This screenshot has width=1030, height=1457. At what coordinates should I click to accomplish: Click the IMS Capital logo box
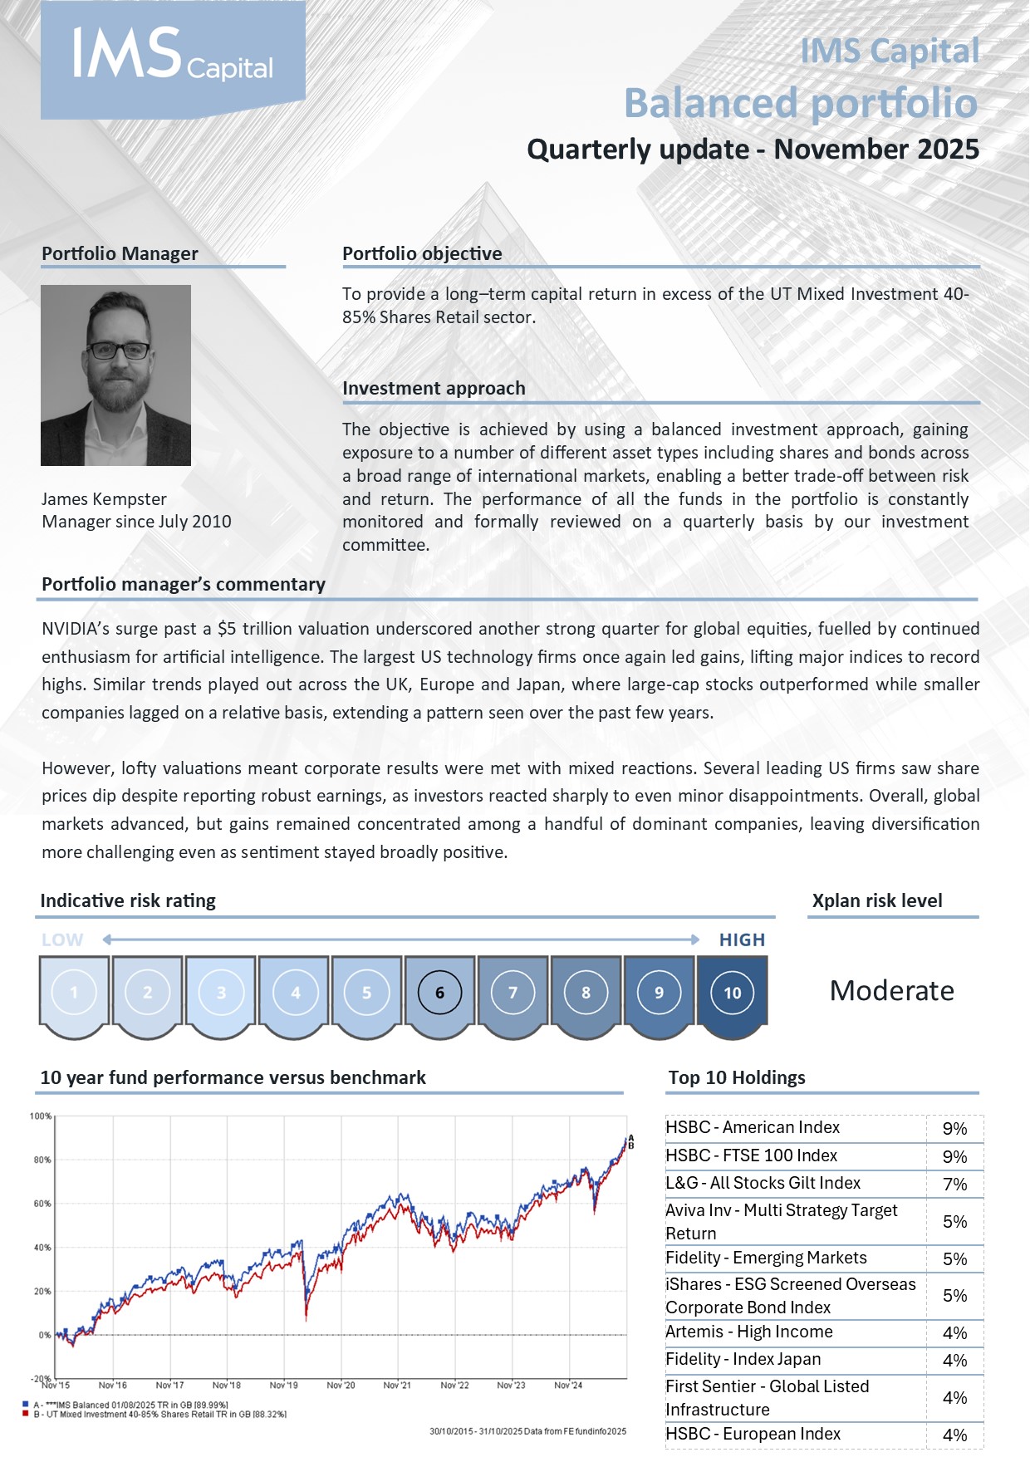pyautogui.click(x=173, y=60)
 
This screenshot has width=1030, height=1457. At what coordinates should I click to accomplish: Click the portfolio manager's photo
pyautogui.click(x=115, y=375)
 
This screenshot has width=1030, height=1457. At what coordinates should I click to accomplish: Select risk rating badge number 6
pyautogui.click(x=439, y=993)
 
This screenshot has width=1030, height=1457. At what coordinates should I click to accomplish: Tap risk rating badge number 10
pyautogui.click(x=732, y=993)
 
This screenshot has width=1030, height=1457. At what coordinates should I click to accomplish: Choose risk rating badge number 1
pyautogui.click(x=74, y=993)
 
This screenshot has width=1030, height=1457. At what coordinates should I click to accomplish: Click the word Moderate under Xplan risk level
pyautogui.click(x=891, y=991)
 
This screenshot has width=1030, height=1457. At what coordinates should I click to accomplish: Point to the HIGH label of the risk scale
pyautogui.click(x=742, y=939)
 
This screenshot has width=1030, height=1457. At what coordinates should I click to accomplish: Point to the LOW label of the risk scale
pyautogui.click(x=62, y=939)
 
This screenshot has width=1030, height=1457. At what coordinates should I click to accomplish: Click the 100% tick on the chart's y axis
pyautogui.click(x=41, y=1116)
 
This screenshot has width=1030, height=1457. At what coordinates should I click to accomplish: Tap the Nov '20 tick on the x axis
pyautogui.click(x=341, y=1385)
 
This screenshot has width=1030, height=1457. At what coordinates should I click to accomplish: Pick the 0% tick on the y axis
pyautogui.click(x=44, y=1335)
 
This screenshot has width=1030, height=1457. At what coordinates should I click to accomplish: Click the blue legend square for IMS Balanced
pyautogui.click(x=26, y=1405)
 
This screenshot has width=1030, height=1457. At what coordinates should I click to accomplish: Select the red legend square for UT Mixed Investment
pyautogui.click(x=26, y=1414)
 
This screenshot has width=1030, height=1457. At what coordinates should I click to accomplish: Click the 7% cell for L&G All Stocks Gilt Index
pyautogui.click(x=954, y=1184)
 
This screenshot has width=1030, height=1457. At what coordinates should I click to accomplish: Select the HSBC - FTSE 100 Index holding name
pyautogui.click(x=751, y=1155)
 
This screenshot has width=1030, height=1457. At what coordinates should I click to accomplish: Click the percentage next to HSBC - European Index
pyautogui.click(x=954, y=1435)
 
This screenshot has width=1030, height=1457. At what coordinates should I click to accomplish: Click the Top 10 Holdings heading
pyautogui.click(x=737, y=1077)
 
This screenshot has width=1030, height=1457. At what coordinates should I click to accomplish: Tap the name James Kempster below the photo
pyautogui.click(x=104, y=499)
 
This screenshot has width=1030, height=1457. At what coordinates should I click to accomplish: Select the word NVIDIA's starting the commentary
pyautogui.click(x=75, y=629)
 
